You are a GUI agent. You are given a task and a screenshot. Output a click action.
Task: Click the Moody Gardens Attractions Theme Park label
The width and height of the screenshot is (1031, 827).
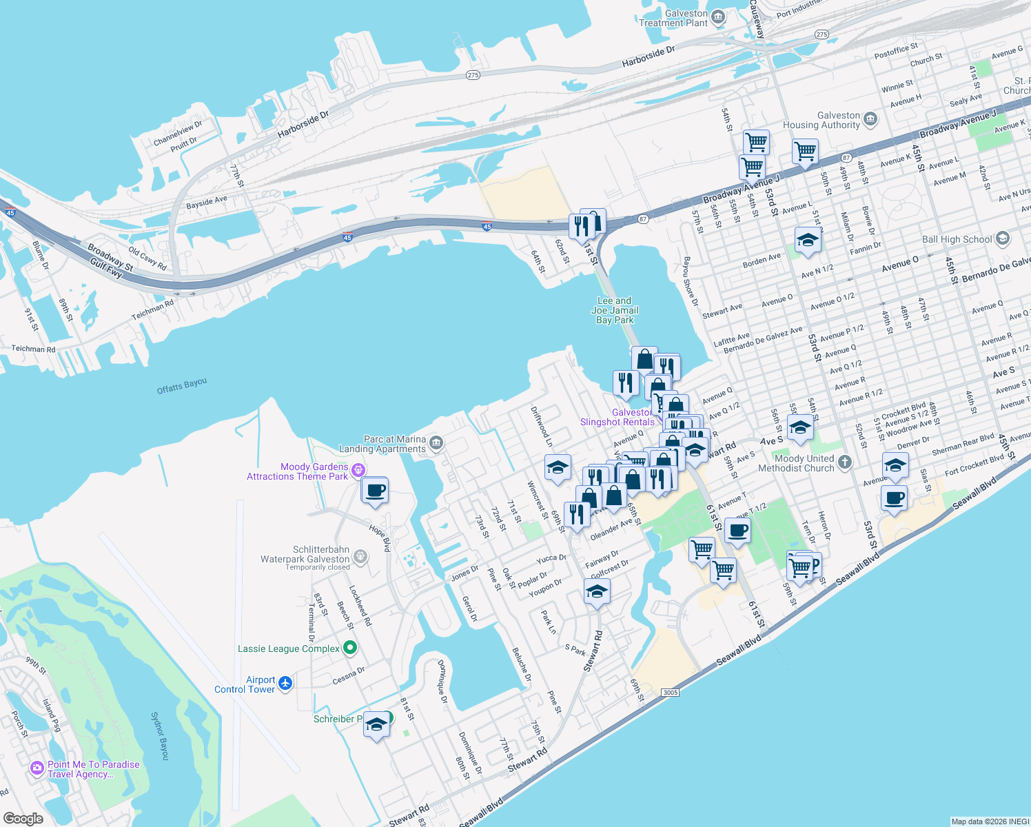click(x=298, y=472)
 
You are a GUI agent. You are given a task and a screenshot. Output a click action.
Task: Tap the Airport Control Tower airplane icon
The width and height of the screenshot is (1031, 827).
click(x=285, y=684)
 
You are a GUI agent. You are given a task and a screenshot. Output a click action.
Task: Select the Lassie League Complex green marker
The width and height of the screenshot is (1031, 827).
click(x=350, y=648)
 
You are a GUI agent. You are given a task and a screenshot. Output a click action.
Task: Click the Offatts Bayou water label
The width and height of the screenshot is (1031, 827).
click(x=181, y=386)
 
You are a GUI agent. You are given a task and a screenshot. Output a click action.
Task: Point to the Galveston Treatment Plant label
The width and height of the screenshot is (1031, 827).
click(x=673, y=19)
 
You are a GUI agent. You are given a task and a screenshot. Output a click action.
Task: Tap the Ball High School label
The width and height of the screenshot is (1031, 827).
click(x=957, y=240)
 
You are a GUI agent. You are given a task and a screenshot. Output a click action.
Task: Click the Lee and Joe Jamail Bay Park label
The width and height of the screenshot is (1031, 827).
click(x=615, y=311)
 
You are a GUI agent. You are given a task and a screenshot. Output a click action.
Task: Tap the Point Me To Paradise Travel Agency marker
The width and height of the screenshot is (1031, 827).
click(x=37, y=768)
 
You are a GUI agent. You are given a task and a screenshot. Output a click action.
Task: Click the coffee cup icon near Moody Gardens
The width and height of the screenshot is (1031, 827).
click(x=375, y=491)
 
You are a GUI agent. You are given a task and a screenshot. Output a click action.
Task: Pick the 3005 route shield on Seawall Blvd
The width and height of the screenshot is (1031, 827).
click(x=669, y=693)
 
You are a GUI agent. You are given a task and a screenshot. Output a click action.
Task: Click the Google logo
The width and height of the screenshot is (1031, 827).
click(x=23, y=818)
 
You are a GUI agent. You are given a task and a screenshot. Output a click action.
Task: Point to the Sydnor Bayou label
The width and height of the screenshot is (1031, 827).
click(x=159, y=736)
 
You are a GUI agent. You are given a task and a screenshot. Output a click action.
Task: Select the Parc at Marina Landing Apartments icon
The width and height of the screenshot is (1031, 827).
click(x=436, y=442)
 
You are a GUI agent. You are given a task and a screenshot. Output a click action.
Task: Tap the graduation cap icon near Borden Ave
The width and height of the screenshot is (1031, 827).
click(x=808, y=241)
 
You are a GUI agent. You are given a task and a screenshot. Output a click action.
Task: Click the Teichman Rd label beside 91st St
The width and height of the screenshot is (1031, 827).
click(x=33, y=349)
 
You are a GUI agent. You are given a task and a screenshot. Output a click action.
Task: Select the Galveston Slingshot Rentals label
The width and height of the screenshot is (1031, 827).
click(x=617, y=418)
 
